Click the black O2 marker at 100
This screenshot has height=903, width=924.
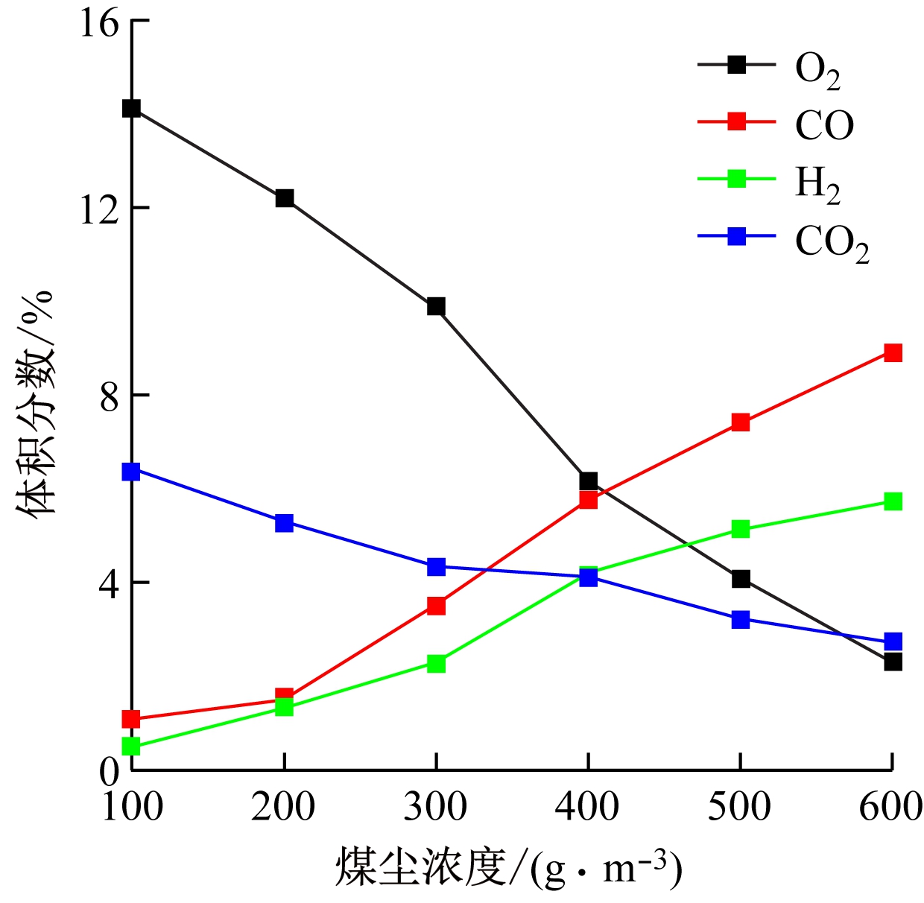131,109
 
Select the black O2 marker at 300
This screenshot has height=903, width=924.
436,306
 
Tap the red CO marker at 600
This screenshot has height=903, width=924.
893,352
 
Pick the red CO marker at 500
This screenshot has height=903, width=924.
740,422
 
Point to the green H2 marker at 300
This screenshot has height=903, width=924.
436,663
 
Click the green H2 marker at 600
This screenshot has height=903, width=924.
893,501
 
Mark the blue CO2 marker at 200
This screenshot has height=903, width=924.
284,522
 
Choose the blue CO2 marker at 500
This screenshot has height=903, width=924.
740,619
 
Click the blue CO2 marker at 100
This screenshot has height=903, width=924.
131,472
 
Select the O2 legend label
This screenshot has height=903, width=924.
817,70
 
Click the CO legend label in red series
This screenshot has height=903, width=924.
824,125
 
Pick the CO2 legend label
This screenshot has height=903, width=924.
832,242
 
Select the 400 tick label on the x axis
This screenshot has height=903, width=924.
588,806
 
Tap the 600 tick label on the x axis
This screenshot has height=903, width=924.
891,806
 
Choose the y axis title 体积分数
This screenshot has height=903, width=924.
35,402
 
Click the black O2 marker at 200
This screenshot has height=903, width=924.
284,198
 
